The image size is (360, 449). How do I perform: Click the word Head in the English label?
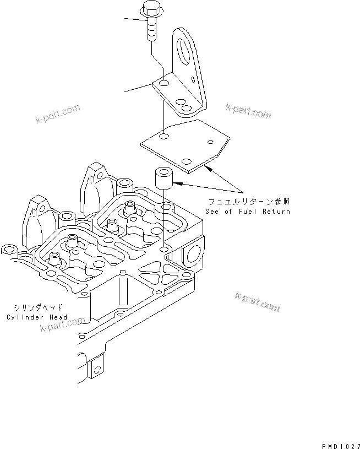click(59, 317)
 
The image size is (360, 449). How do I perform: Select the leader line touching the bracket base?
click(137, 88)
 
